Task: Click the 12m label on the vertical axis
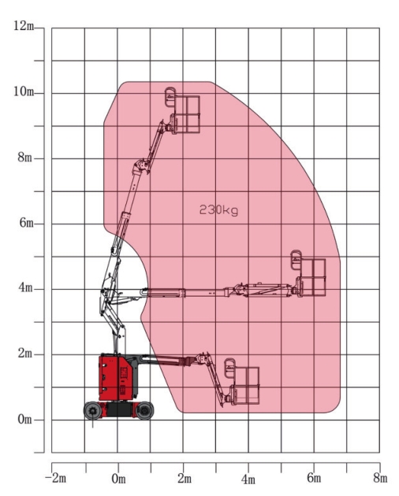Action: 24,26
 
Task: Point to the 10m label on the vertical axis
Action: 24,91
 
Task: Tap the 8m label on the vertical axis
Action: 25,157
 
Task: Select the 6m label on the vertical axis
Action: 26,222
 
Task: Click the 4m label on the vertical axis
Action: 25,288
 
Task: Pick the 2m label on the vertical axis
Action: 25,353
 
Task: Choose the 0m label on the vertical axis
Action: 25,420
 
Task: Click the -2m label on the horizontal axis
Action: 56,478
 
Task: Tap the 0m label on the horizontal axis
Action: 118,479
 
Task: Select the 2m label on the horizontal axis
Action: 185,479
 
